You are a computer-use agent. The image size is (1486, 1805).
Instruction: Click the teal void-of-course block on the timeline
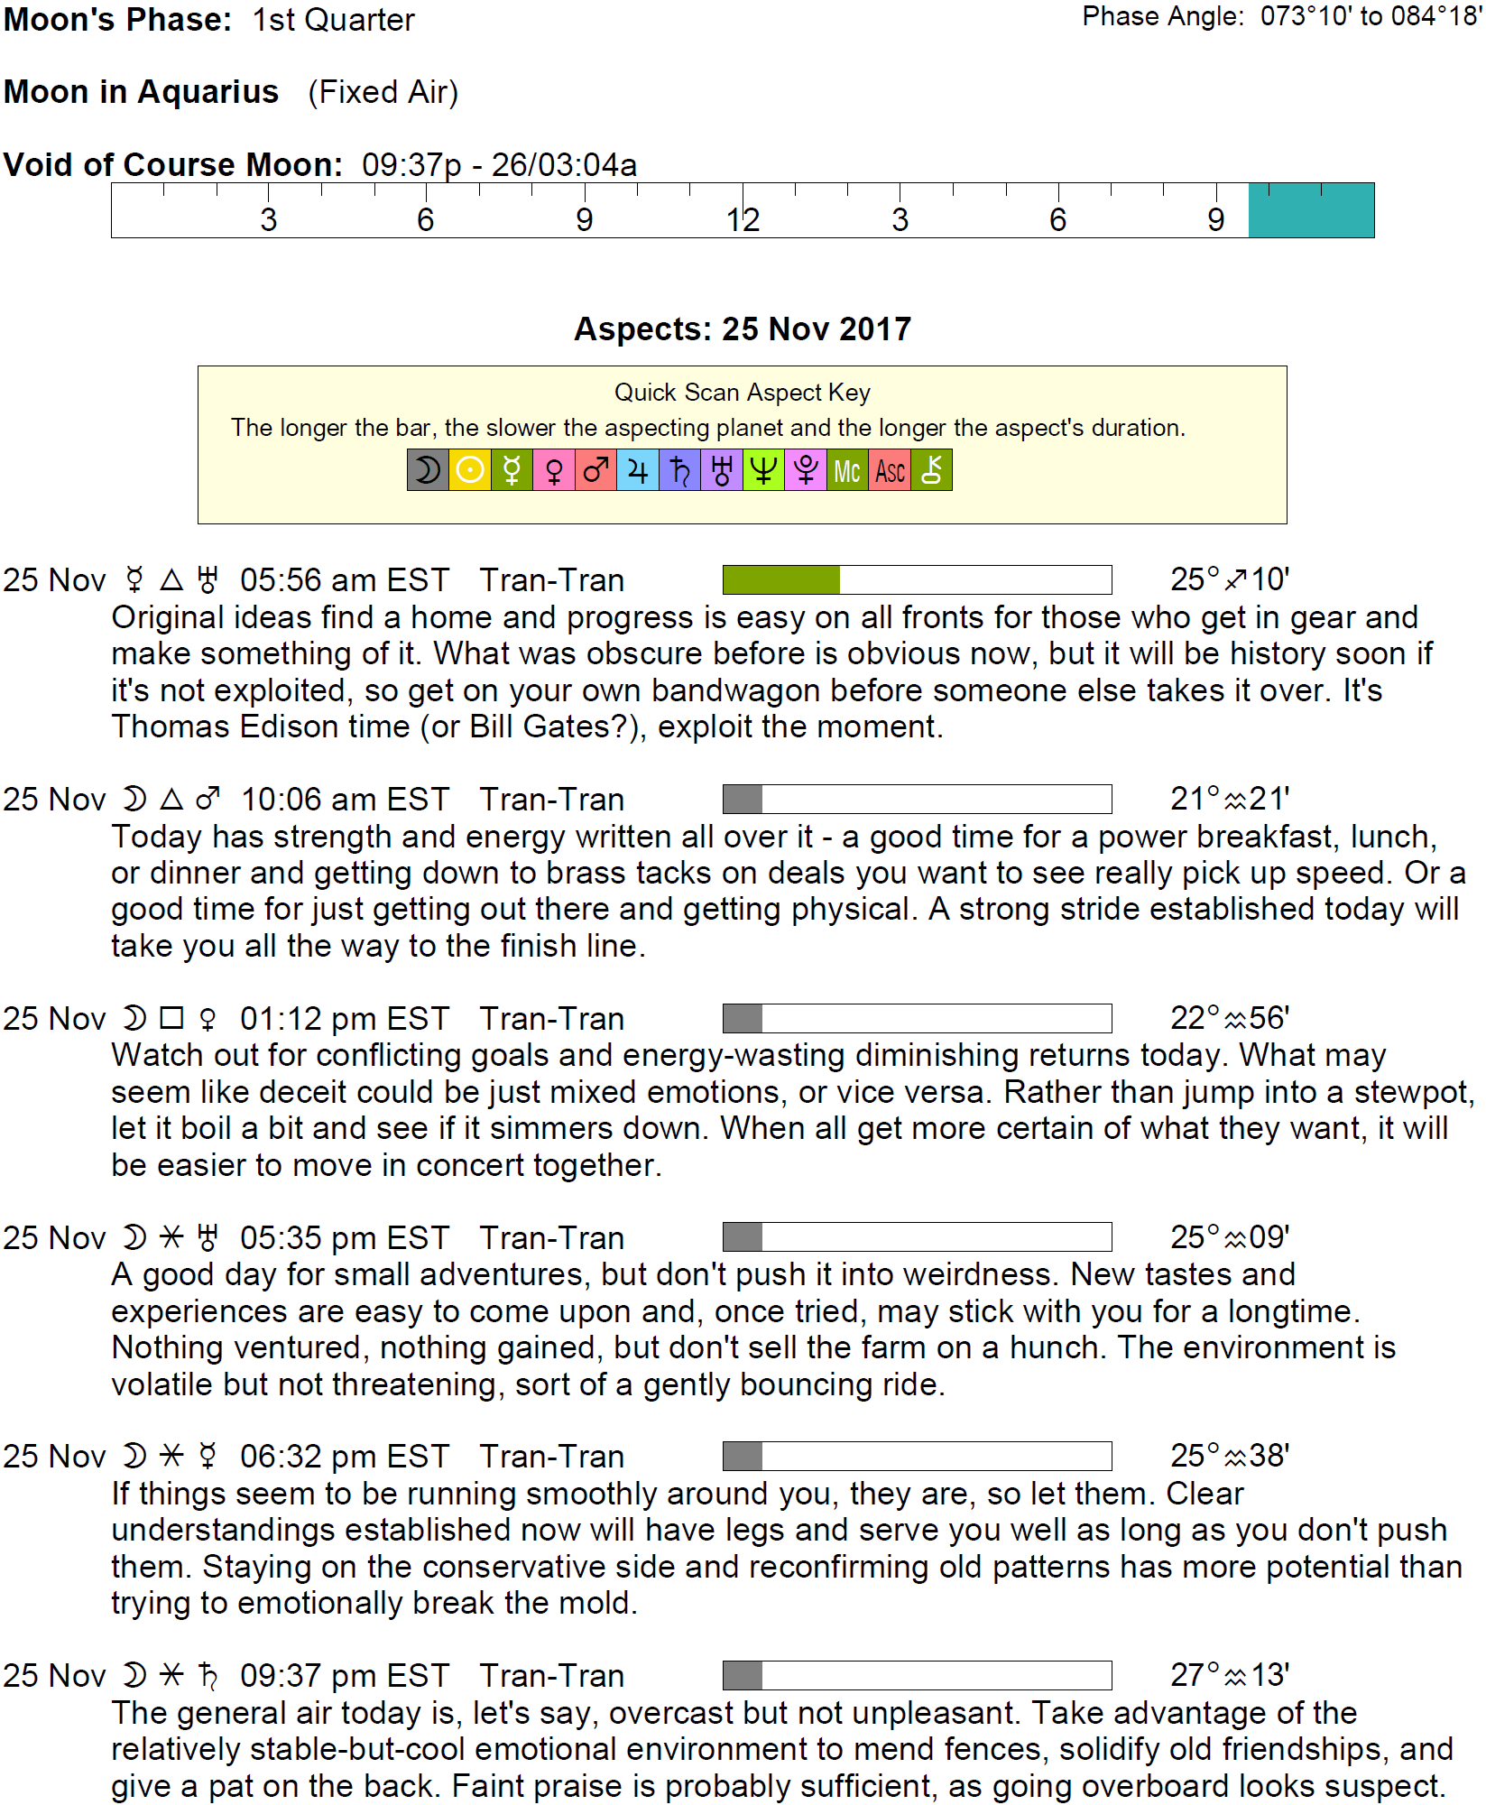tap(1311, 210)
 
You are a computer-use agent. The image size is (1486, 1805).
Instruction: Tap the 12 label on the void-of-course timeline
tap(743, 220)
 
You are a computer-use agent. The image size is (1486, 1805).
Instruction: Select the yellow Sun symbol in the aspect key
tap(470, 470)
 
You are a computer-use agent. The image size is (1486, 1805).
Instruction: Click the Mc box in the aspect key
tap(847, 470)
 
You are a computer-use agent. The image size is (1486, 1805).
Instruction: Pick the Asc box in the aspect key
tap(890, 470)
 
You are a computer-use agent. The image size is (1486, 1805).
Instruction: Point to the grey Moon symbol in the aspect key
tap(428, 470)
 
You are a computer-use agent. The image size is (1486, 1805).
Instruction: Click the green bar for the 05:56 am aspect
tap(781, 580)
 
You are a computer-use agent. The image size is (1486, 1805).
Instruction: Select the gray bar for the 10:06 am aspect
tap(743, 800)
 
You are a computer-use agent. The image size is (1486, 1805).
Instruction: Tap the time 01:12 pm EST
tap(345, 1019)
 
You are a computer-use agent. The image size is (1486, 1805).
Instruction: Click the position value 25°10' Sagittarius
tap(1230, 579)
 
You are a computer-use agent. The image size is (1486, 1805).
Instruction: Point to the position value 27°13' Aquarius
tap(1230, 1676)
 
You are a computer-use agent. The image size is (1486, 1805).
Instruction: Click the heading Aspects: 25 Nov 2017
tap(743, 329)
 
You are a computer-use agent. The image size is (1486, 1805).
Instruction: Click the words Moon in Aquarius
tap(142, 92)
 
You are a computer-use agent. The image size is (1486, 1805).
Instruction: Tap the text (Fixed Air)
tap(383, 92)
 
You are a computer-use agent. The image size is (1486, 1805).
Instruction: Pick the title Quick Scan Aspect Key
tap(743, 393)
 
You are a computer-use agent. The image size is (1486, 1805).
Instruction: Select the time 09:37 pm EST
tap(345, 1676)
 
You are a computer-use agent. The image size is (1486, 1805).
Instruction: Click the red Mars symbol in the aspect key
tap(595, 470)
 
